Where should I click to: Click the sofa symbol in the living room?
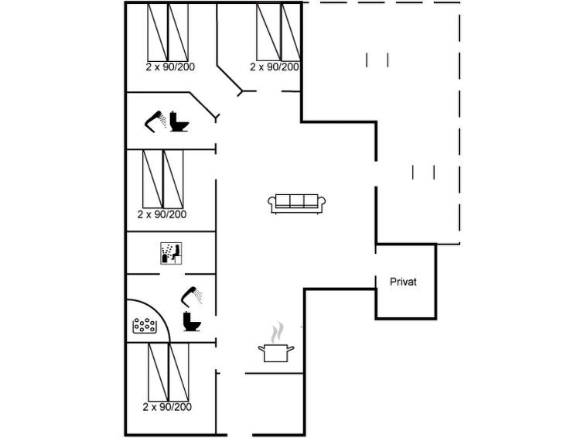tap(296, 204)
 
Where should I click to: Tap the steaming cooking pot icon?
tap(276, 343)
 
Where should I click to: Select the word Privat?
tap(403, 282)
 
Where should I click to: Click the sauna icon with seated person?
tap(171, 254)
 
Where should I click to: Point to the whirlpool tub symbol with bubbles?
tap(145, 326)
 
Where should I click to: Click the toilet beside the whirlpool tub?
tap(192, 321)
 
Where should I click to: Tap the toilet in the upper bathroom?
tap(179, 121)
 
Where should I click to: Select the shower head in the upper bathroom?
tap(155, 121)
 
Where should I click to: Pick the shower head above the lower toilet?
tap(192, 296)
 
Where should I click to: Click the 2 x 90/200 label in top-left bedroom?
tap(170, 67)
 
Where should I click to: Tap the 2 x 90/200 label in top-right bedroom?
tap(275, 67)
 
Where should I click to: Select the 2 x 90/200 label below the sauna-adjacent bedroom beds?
tap(162, 214)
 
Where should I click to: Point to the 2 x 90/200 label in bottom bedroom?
tap(167, 407)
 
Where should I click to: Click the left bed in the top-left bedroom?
tap(158, 32)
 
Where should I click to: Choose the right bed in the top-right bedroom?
tap(291, 32)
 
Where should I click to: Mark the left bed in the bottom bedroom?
tap(159, 372)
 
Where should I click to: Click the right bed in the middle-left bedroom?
tap(173, 179)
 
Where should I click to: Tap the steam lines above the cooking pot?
tap(276, 333)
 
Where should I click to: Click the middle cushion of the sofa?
tap(296, 200)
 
